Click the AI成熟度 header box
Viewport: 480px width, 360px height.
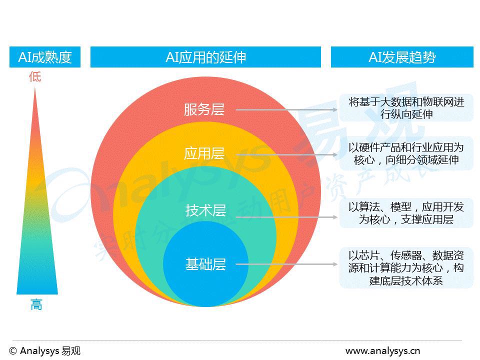click(x=45, y=57)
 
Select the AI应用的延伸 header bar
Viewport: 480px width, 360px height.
click(x=205, y=57)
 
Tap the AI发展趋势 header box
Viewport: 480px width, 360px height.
click(x=402, y=57)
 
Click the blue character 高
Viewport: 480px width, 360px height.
click(x=36, y=304)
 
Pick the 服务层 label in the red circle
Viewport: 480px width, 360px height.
click(x=204, y=109)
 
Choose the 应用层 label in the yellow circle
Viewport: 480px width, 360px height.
click(x=204, y=153)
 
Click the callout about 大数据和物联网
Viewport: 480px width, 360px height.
click(x=406, y=108)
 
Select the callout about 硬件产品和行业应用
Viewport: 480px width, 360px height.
click(x=406, y=153)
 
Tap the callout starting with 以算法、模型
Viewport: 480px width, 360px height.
click(x=406, y=213)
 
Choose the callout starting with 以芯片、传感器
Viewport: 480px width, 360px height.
click(x=406, y=267)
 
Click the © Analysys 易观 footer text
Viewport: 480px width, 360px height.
click(x=44, y=350)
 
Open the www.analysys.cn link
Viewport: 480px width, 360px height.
click(x=382, y=350)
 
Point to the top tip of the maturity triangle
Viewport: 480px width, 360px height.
click(x=35, y=88)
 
